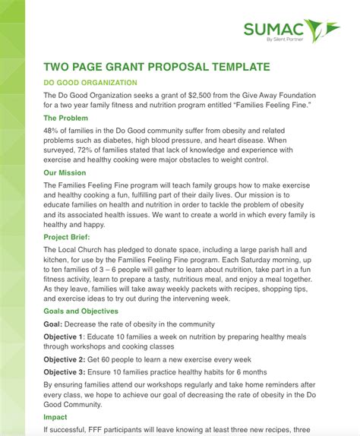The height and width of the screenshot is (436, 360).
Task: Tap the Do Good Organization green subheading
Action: pyautogui.click(x=90, y=82)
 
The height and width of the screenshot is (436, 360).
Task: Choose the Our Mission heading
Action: pyautogui.click(x=65, y=173)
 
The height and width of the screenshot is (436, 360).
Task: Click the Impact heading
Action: pyautogui.click(x=55, y=417)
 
